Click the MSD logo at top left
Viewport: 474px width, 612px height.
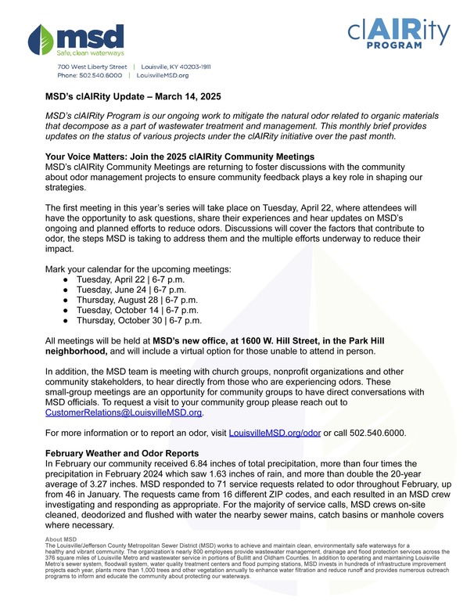point(76,38)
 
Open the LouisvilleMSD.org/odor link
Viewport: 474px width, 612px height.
point(274,433)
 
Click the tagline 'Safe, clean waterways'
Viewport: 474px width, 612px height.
point(90,53)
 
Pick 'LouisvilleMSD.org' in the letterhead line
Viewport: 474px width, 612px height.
point(163,76)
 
